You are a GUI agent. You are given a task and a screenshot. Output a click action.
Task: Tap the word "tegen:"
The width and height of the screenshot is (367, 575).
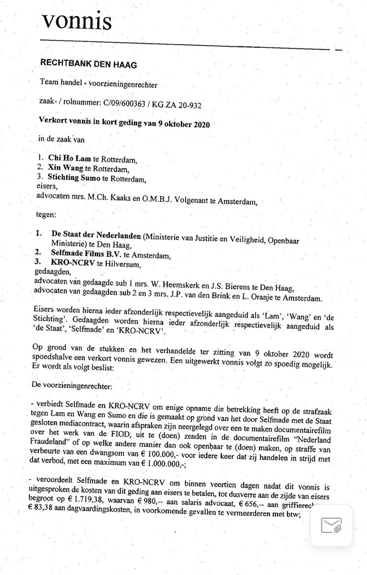click(x=48, y=213)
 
